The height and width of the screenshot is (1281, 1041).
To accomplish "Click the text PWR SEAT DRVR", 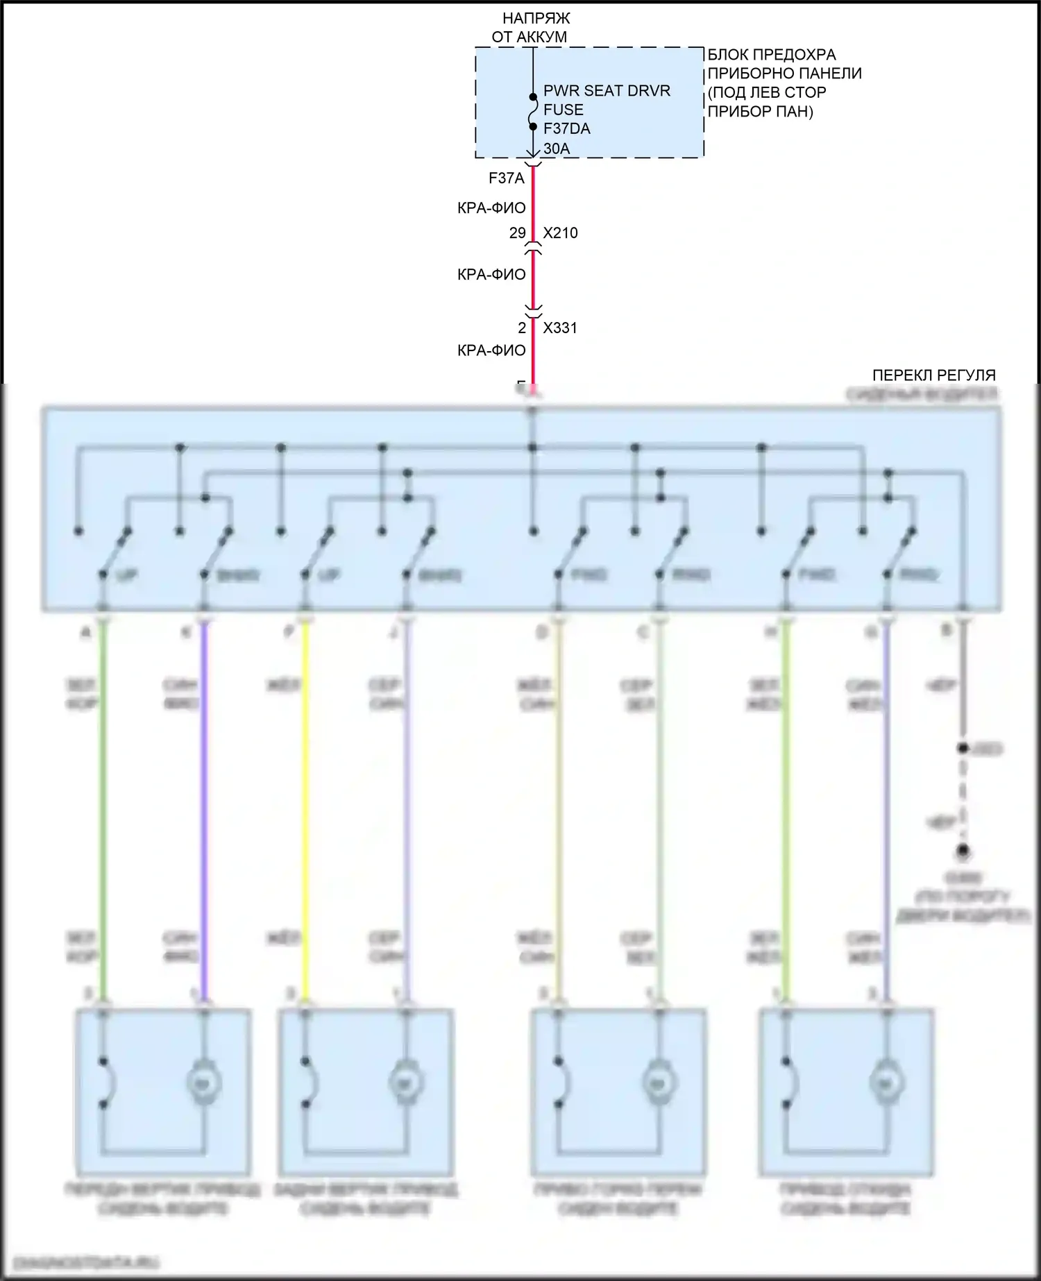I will (x=607, y=91).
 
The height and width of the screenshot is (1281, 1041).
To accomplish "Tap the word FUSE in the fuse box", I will (x=563, y=110).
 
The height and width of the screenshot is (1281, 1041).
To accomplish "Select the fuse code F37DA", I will (x=566, y=128).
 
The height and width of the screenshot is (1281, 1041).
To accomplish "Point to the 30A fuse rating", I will (x=556, y=148).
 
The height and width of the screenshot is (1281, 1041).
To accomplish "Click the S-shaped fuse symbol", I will (x=533, y=111).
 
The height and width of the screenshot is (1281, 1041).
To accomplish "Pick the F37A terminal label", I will (x=506, y=178).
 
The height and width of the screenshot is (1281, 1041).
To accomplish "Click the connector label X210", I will (x=560, y=233).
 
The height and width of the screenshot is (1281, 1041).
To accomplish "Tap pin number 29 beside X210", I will (x=517, y=233).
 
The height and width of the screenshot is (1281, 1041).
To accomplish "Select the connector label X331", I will (x=559, y=328).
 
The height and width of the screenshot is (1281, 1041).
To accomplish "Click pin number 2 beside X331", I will (x=522, y=328).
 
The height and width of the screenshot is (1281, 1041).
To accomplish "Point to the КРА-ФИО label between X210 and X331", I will (x=491, y=275).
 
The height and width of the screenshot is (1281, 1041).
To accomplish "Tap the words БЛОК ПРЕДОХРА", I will (x=771, y=55).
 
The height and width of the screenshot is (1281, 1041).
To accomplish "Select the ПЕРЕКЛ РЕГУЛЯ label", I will (x=933, y=375).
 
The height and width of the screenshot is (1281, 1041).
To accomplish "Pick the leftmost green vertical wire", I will (x=103, y=805).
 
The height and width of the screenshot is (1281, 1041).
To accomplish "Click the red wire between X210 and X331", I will (x=533, y=278).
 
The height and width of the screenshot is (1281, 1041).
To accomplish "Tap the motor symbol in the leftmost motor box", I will (x=203, y=1082).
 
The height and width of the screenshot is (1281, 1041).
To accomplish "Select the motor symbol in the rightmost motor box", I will (x=887, y=1082).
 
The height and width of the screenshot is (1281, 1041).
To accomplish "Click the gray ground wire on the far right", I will (x=963, y=680).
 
